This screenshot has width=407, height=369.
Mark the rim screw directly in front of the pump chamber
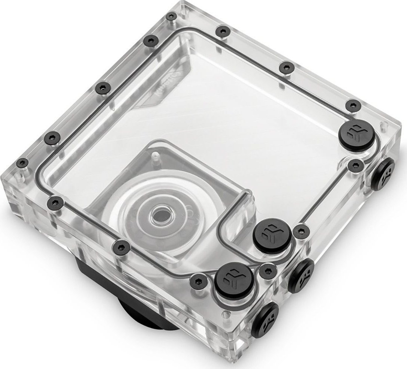[121, 246]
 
